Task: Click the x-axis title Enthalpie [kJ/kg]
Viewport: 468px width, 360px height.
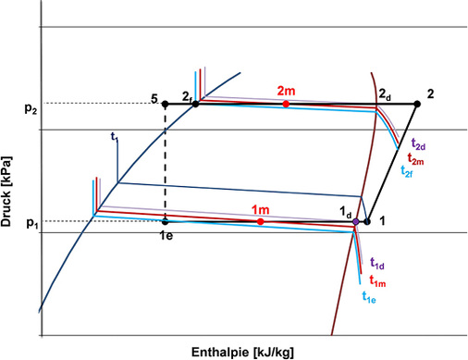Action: point(244,351)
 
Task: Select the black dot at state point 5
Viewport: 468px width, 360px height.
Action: point(166,104)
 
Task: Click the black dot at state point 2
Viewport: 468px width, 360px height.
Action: point(416,104)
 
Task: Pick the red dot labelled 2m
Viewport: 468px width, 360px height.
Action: point(286,105)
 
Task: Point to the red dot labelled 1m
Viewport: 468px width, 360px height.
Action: point(261,222)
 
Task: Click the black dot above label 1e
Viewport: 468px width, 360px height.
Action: point(166,222)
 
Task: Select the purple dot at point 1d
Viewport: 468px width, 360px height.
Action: point(355,222)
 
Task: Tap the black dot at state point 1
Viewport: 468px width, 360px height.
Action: point(367,222)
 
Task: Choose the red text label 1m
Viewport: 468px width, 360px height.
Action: point(261,210)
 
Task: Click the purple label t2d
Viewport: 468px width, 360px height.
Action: point(417,146)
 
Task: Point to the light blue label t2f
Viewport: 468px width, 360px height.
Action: point(407,171)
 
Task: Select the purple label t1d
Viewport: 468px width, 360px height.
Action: point(377,264)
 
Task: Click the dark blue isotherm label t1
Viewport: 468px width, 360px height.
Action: point(114,136)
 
